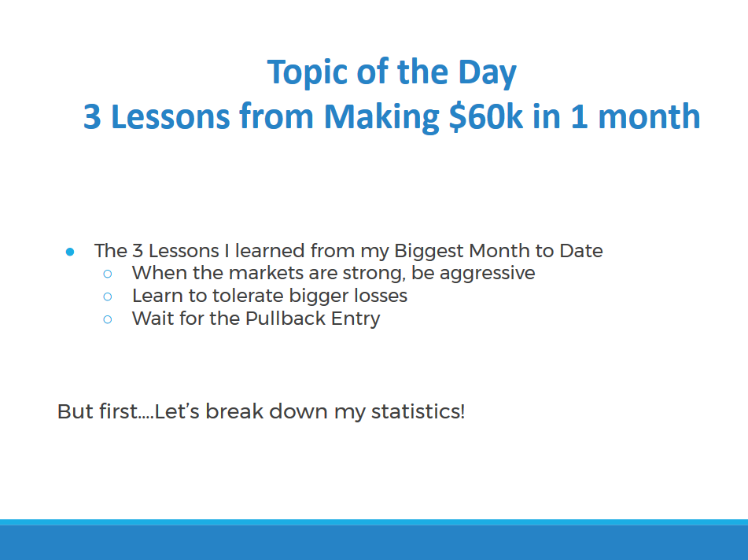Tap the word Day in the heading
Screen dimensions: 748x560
click(x=487, y=73)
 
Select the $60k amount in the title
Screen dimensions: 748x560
click(x=486, y=116)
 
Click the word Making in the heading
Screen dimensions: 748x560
click(x=381, y=117)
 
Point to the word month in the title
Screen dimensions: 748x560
click(x=649, y=116)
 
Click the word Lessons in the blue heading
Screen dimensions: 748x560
click(x=171, y=116)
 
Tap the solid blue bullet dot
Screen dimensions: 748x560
click(x=70, y=252)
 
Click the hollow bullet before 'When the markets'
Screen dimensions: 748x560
click(x=108, y=274)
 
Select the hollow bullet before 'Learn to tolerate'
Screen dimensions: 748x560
click(x=108, y=297)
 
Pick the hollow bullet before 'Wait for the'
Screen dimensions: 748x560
click(x=108, y=319)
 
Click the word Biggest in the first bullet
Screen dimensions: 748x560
click(x=429, y=252)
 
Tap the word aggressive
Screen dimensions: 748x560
click(x=487, y=274)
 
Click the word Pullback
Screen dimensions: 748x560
click(x=286, y=319)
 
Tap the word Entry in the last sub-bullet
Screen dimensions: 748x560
click(x=356, y=319)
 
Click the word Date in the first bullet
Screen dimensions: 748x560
click(x=581, y=250)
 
